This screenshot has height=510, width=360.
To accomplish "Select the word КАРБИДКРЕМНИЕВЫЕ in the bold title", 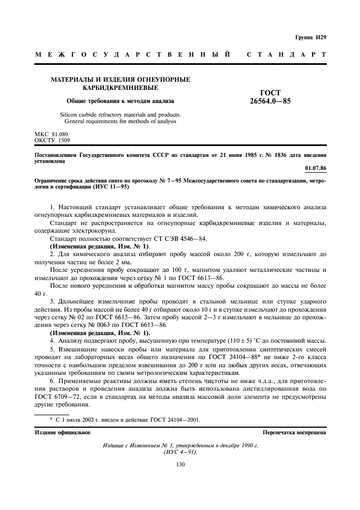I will [120, 88].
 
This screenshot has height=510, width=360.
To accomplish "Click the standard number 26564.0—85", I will [271, 101].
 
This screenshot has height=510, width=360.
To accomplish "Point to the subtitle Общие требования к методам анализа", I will [120, 101].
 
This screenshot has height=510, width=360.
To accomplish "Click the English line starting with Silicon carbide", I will [120, 115].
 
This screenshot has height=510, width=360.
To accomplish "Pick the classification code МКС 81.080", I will [52, 133].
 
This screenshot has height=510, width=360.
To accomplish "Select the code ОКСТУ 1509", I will [51, 140].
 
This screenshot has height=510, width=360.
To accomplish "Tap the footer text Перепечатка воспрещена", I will [294, 432].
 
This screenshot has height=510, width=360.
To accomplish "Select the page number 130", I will [180, 464].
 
